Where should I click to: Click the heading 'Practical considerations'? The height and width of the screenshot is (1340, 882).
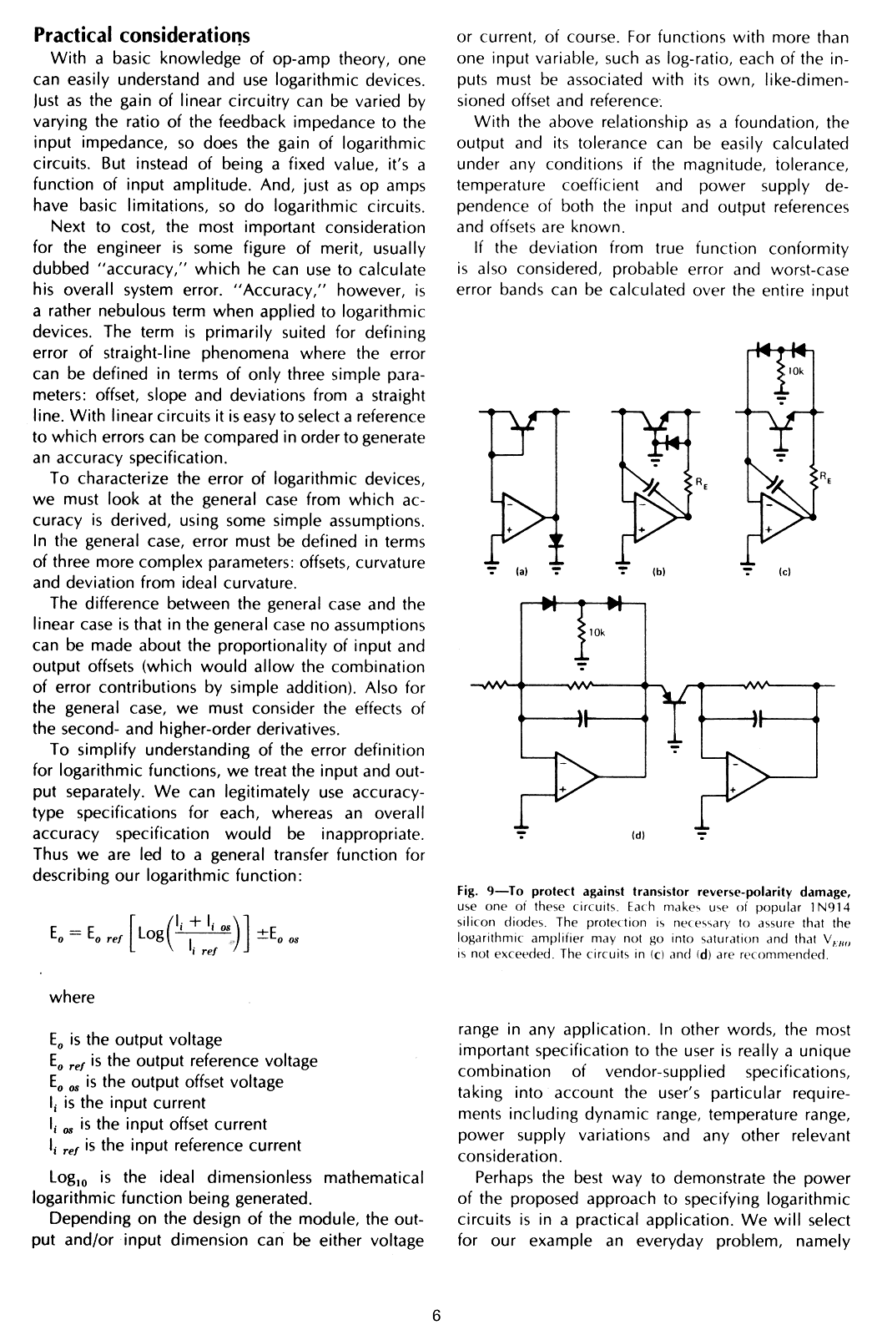[141, 35]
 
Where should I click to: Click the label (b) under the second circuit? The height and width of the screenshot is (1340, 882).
[656, 574]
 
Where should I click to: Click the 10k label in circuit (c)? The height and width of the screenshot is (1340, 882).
[795, 371]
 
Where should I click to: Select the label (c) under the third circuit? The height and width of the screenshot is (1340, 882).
[784, 573]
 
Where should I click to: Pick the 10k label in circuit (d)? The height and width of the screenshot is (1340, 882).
[596, 634]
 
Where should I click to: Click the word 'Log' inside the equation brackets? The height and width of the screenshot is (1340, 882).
[149, 932]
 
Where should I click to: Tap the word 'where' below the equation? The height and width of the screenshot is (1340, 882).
[72, 997]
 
